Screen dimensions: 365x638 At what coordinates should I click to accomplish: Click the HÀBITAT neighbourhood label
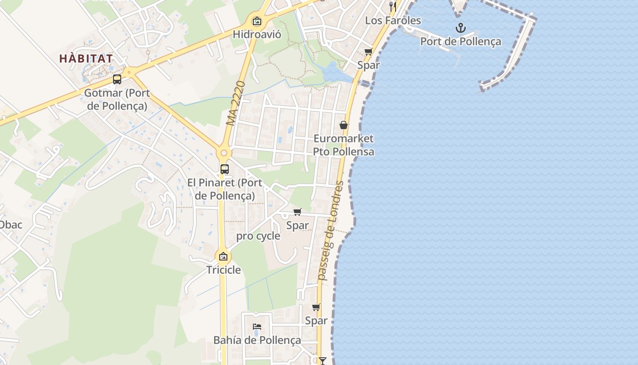[x=86, y=58]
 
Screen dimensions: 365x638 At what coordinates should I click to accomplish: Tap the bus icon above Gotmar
[x=117, y=79]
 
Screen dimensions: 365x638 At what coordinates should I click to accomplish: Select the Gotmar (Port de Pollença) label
[x=117, y=99]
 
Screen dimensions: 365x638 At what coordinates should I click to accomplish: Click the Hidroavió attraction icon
[x=257, y=21]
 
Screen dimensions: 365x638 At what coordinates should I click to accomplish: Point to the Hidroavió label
[x=257, y=34]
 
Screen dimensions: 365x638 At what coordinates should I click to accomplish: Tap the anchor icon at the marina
[x=461, y=28]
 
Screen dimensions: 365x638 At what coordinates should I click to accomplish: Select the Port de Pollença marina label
[x=461, y=42]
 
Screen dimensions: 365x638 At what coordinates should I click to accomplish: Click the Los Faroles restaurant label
[x=393, y=21]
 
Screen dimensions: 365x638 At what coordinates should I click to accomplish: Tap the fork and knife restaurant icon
[x=393, y=6]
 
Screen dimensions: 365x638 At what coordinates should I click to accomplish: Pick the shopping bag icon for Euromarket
[x=344, y=125]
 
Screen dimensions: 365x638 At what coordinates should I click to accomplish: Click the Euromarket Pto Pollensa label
[x=344, y=145]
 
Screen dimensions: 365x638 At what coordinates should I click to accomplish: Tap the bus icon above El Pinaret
[x=225, y=169]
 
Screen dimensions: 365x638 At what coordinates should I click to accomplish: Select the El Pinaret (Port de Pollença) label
[x=225, y=189]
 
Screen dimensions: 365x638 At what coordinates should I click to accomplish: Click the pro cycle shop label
[x=258, y=236]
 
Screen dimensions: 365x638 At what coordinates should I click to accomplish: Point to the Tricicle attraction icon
[x=223, y=256]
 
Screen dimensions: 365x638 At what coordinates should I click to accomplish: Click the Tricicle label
[x=223, y=270]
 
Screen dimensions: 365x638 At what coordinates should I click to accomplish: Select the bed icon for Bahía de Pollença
[x=257, y=327]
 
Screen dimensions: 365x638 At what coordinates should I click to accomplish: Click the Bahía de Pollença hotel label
[x=257, y=340]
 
